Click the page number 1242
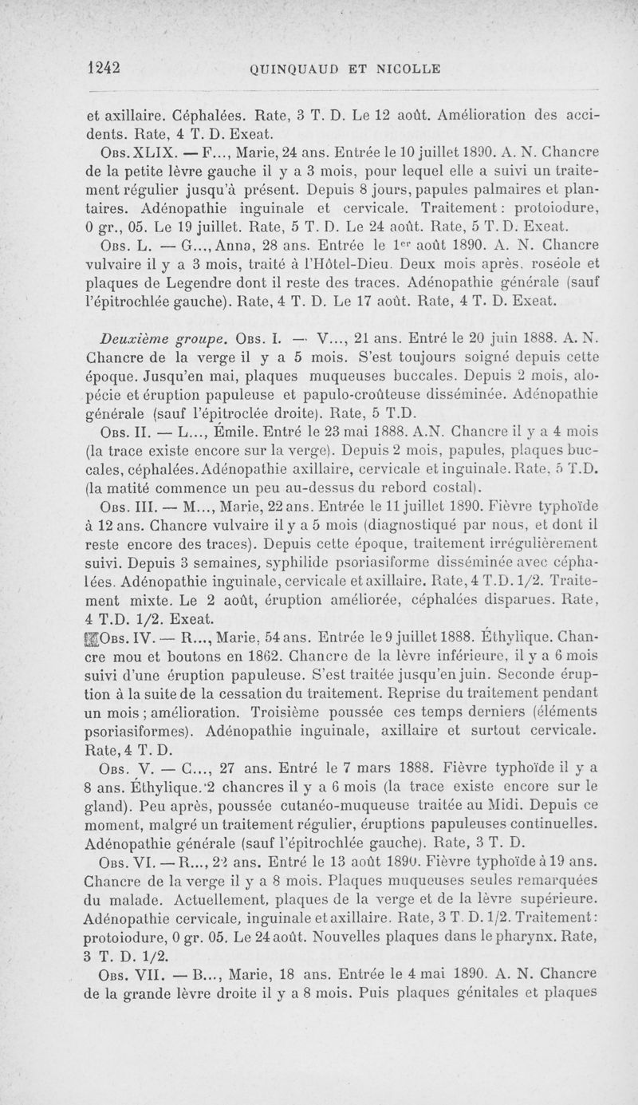[x=104, y=68]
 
